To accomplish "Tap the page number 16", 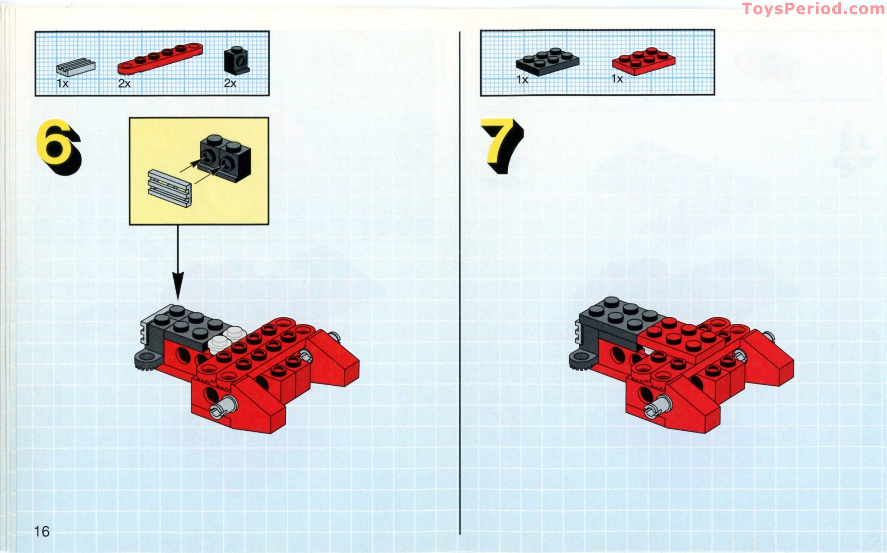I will (42, 531).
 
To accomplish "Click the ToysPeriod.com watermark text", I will (813, 9).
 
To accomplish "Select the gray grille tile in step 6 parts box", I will (76, 67).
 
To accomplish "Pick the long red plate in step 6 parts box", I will (160, 58).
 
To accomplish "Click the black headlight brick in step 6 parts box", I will (237, 61).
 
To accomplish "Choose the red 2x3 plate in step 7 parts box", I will (643, 61).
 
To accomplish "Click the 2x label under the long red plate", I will (125, 84).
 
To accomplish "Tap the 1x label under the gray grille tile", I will (63, 84).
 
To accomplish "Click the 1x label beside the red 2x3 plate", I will (617, 79).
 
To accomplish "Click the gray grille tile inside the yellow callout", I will (170, 188).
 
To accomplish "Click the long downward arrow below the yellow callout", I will (178, 263).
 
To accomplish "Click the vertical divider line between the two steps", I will (460, 282).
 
